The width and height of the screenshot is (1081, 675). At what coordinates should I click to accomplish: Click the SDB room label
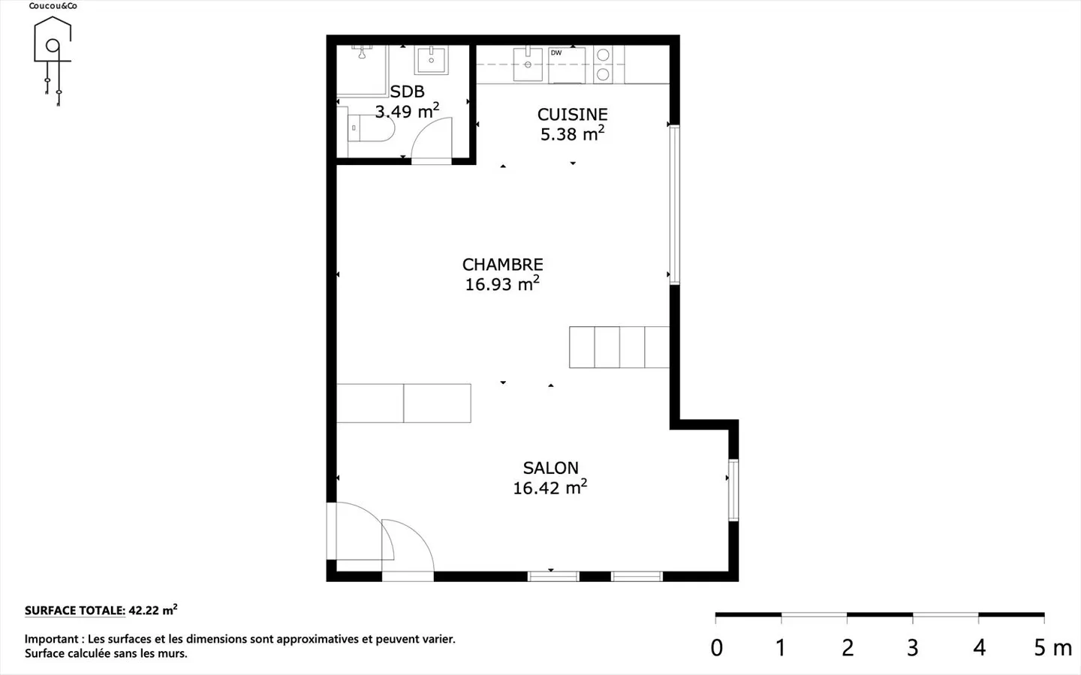click(x=407, y=91)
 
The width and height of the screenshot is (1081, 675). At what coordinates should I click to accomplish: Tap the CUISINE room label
click(x=572, y=114)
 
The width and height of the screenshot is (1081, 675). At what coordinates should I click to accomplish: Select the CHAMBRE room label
click(x=502, y=264)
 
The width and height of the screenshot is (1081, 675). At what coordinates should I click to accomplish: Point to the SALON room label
click(x=551, y=468)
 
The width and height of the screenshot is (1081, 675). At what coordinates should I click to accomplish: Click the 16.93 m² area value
click(x=502, y=283)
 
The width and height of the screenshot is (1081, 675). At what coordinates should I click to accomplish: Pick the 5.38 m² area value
click(x=572, y=133)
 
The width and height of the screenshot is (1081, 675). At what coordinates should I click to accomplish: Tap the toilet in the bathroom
click(x=371, y=128)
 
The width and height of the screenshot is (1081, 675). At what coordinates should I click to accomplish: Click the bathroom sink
click(x=431, y=60)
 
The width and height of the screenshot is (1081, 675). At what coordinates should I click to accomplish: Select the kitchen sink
click(x=528, y=64)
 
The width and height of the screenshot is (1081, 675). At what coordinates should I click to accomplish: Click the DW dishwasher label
click(x=556, y=53)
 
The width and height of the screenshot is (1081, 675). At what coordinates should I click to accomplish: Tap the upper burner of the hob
click(x=603, y=55)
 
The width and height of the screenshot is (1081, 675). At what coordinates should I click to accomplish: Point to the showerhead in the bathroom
click(x=362, y=52)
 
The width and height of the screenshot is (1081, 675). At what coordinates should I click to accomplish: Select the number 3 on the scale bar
click(x=912, y=647)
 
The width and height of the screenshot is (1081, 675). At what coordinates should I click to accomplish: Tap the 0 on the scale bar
click(x=717, y=647)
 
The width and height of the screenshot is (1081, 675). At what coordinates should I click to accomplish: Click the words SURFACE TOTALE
click(x=75, y=610)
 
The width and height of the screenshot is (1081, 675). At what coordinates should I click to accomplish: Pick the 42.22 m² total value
click(x=152, y=610)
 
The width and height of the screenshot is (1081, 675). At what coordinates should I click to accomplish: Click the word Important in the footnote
click(x=52, y=639)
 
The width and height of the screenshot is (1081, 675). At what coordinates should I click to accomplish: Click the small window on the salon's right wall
click(x=733, y=490)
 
